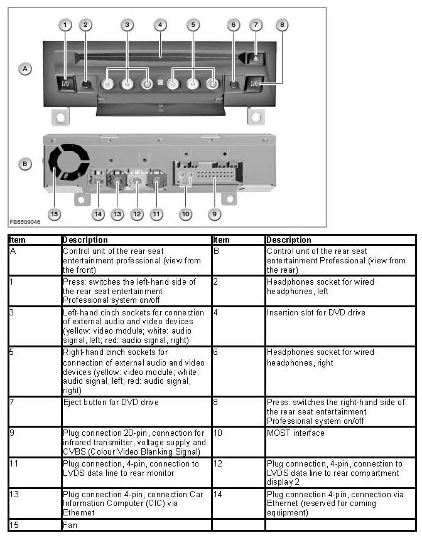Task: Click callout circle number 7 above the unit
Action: (x=256, y=25)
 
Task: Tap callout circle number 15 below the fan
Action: (x=55, y=214)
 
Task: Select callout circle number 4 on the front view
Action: (x=160, y=25)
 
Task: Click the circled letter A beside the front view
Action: (x=25, y=69)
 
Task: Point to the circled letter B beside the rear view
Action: (x=25, y=164)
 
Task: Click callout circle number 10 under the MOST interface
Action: (x=185, y=214)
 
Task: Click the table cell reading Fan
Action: (x=70, y=525)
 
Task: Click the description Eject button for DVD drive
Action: (x=111, y=402)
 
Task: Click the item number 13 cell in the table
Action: (x=15, y=494)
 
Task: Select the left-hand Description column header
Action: (x=85, y=240)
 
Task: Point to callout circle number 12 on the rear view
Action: (x=137, y=214)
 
